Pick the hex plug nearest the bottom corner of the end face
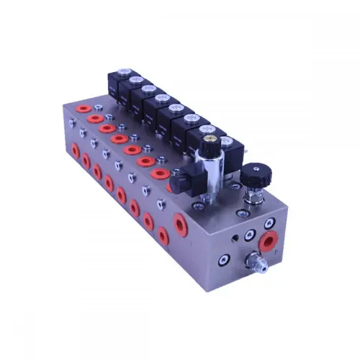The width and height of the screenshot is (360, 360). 225,258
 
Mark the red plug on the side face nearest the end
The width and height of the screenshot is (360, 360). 163,235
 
